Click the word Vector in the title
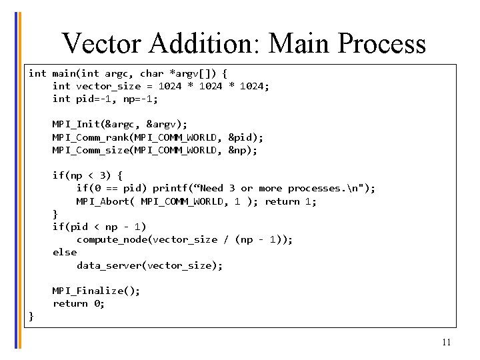click(x=102, y=43)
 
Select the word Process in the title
click(x=381, y=43)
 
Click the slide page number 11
click(x=446, y=343)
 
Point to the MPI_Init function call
click(x=76, y=124)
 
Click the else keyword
click(x=65, y=252)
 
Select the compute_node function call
click(x=108, y=239)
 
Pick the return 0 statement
click(x=79, y=303)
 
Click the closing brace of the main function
click(x=31, y=316)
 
